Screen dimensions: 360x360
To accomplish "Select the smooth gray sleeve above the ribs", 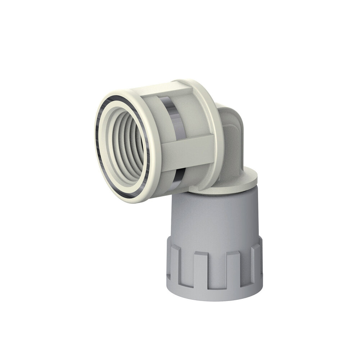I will (x=212, y=216).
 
